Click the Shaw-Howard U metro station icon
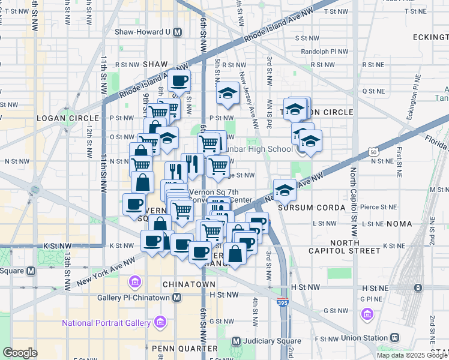coord(177,32)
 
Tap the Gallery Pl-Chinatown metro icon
coord(176,298)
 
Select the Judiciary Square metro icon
coord(236,341)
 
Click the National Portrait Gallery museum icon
coord(160,323)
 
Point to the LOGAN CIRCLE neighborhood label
coord(62,118)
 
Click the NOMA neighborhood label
coord(400,224)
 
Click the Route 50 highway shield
coord(373,153)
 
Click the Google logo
coord(20,353)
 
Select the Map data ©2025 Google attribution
coord(412,355)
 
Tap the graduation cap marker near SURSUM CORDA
coord(285,190)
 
